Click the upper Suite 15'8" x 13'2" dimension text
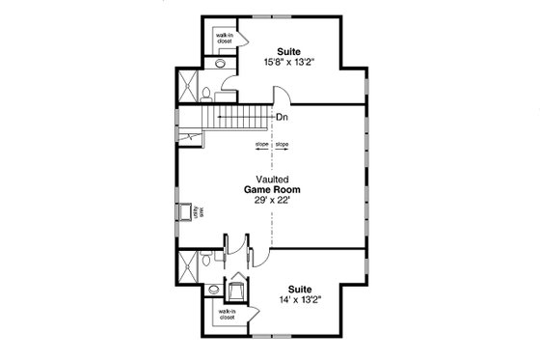coord(287,62)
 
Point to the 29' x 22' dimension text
coord(270,202)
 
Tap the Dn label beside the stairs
coord(282,118)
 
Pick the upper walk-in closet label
coord(223,38)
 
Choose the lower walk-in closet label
coord(225,315)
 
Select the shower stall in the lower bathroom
coord(186,261)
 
